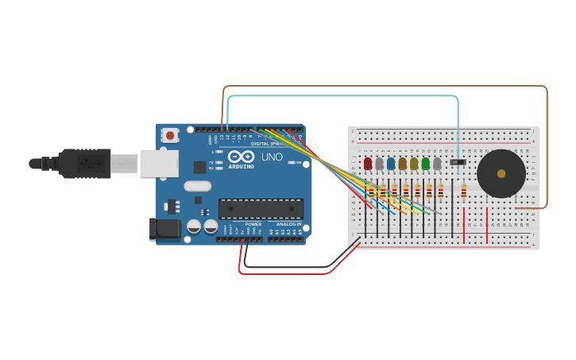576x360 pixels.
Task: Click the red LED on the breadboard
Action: tap(368, 163)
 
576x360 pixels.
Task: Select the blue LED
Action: tap(391, 163)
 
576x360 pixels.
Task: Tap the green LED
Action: tap(426, 163)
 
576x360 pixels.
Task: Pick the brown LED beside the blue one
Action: tap(403, 163)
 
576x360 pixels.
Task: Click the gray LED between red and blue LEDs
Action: tap(379, 163)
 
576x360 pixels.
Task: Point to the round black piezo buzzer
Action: tap(501, 173)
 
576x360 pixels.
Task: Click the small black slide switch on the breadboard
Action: tap(458, 162)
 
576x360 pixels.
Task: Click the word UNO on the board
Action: tap(273, 157)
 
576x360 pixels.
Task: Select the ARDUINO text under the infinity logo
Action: tap(242, 166)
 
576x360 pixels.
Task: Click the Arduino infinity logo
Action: tap(242, 157)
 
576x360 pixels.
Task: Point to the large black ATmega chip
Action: tap(261, 209)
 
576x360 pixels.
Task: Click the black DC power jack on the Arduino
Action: tap(165, 229)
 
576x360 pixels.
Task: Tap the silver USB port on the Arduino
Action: tap(160, 163)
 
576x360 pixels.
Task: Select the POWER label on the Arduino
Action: tap(253, 225)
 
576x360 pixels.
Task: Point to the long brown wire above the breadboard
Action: tap(381, 87)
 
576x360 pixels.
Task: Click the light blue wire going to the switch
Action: tap(342, 96)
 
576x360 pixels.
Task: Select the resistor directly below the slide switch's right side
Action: tap(464, 192)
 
